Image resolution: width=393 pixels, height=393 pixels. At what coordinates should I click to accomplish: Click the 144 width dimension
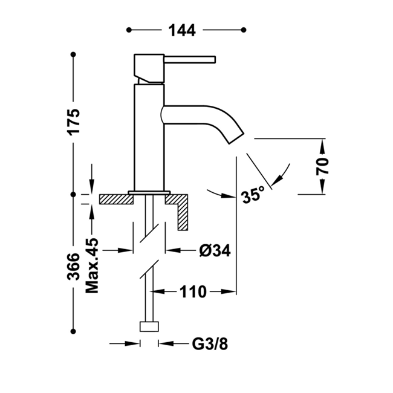click(182, 30)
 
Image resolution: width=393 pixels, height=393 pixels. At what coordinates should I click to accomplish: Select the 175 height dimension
click(74, 122)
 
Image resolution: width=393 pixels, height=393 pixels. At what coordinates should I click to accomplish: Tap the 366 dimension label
click(73, 267)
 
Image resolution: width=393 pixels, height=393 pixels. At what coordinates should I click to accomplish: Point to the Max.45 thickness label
click(92, 266)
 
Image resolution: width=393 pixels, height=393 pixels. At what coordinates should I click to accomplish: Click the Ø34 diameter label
click(215, 250)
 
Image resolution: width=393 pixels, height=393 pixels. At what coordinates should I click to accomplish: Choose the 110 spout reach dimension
click(193, 292)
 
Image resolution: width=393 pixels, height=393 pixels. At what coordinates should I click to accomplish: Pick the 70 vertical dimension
click(322, 166)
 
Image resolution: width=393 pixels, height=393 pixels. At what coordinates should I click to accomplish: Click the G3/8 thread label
click(210, 344)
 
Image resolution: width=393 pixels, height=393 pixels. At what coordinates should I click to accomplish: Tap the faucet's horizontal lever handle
click(190, 59)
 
